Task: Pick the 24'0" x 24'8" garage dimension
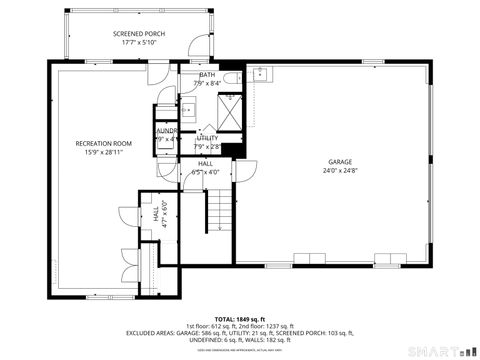click(340, 171)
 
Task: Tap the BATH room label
click(206, 75)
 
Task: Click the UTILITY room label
click(207, 138)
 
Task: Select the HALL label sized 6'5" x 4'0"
click(205, 163)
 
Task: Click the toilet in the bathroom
click(230, 78)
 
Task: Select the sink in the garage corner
click(259, 73)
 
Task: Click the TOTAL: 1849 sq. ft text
click(241, 318)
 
